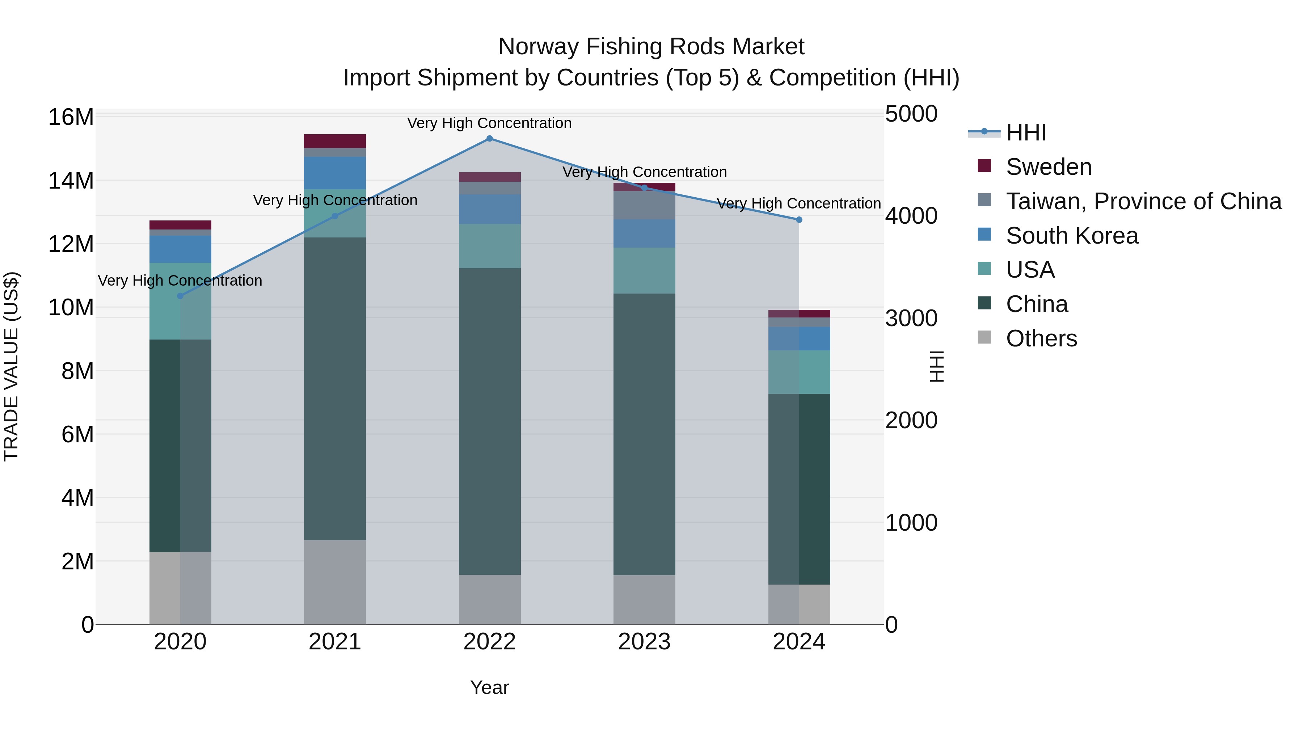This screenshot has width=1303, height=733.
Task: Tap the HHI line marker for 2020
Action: [180, 296]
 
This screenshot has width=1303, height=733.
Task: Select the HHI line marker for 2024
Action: [799, 220]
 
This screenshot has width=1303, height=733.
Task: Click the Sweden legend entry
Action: [1048, 167]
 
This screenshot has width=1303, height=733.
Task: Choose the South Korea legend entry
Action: [1071, 236]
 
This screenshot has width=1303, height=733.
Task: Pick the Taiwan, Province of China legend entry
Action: [1143, 201]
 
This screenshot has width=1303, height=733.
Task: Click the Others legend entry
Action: [1041, 338]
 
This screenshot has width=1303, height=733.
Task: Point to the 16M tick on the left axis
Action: [71, 117]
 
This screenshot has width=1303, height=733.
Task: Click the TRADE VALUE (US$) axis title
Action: [11, 366]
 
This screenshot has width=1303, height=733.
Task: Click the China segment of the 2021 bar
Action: [335, 388]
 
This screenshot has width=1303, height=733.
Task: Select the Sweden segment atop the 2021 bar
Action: [335, 141]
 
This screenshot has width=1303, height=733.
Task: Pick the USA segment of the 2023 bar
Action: [644, 271]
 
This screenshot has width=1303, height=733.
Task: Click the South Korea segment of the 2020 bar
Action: [180, 249]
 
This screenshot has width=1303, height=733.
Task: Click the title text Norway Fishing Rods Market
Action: [651, 47]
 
